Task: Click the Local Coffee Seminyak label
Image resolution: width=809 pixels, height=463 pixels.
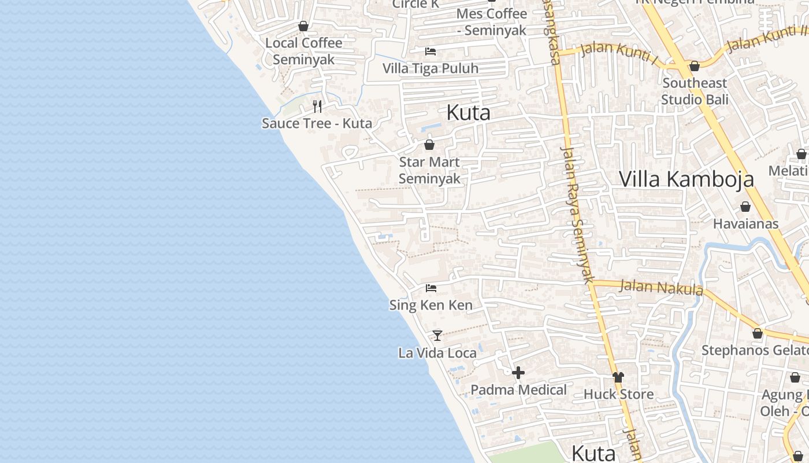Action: click(x=303, y=51)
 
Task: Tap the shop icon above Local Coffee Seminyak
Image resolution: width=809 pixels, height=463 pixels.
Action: click(x=303, y=26)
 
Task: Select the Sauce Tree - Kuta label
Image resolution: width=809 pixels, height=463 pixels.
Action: click(x=317, y=123)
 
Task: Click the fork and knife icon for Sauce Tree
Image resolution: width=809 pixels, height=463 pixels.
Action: click(x=317, y=106)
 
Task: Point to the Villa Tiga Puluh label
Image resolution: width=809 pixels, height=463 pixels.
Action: click(x=431, y=68)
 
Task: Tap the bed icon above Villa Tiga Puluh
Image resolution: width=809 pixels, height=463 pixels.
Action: click(x=430, y=52)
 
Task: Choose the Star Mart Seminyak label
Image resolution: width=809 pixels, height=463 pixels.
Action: click(x=429, y=170)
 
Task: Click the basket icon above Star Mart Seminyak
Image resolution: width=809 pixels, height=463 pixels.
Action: click(x=429, y=145)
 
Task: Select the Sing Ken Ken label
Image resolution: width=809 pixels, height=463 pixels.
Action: click(x=431, y=305)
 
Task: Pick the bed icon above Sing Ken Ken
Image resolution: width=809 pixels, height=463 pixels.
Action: click(x=431, y=288)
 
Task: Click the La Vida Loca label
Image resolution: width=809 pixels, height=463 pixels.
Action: click(x=437, y=352)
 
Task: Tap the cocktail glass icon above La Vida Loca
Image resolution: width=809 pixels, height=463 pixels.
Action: click(x=437, y=335)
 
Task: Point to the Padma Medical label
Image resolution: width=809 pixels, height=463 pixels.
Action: click(x=518, y=389)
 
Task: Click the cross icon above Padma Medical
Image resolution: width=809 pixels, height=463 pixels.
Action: click(x=518, y=372)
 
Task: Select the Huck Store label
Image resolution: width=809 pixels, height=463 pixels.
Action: click(x=618, y=394)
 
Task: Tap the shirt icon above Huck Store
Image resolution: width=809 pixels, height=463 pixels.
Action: click(x=618, y=377)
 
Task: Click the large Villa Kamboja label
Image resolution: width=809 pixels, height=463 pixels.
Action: click(x=686, y=179)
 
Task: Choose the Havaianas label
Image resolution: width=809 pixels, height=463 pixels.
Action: click(x=745, y=223)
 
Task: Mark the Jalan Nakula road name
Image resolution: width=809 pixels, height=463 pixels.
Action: click(x=661, y=287)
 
